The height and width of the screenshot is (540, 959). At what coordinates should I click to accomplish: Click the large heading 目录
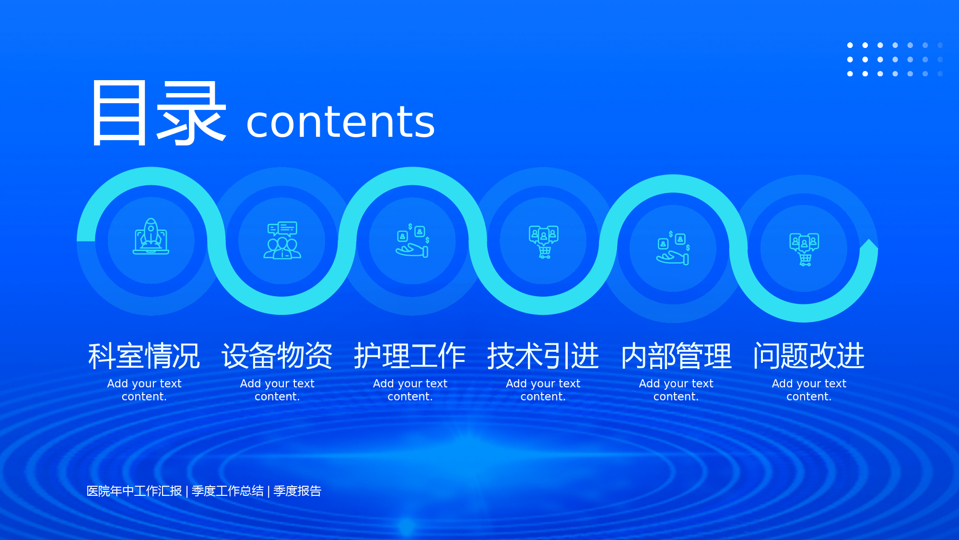click(159, 113)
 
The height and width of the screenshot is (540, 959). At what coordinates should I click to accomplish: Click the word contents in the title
click(340, 122)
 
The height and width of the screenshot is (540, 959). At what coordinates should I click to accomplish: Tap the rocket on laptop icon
click(151, 236)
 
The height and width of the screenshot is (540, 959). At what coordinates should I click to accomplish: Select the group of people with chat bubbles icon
click(282, 240)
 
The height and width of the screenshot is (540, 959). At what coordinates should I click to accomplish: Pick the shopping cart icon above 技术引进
click(544, 242)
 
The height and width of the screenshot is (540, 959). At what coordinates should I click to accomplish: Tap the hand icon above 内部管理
click(673, 248)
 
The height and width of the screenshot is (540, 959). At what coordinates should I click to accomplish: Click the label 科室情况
click(144, 356)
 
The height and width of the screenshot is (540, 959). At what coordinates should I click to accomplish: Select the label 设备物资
click(277, 356)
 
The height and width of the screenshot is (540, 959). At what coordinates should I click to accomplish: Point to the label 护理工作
click(410, 356)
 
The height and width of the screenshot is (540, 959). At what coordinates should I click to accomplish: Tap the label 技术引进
click(543, 356)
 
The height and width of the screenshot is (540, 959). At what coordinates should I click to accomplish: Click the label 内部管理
click(676, 356)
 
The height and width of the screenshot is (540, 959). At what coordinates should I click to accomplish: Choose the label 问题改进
click(809, 356)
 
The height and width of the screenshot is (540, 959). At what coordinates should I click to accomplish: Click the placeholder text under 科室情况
click(144, 390)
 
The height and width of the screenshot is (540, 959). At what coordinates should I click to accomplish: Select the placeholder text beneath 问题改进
click(809, 390)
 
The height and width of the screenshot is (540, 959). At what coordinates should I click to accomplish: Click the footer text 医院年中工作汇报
click(134, 491)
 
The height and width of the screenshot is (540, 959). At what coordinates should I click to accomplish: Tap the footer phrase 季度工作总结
click(228, 491)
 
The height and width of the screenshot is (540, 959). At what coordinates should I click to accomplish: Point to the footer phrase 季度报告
click(297, 491)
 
